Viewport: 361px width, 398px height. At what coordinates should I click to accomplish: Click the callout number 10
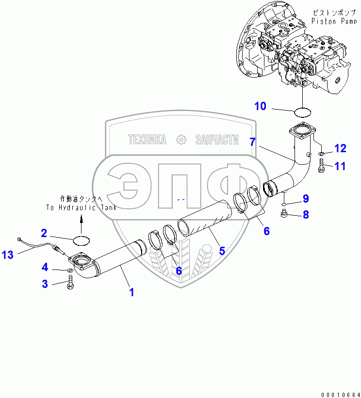tap(260, 106)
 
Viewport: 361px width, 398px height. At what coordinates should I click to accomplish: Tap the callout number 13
tap(7, 255)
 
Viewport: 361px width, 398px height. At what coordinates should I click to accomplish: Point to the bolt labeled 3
tap(70, 282)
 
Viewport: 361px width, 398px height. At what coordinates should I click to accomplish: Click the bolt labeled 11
tap(321, 166)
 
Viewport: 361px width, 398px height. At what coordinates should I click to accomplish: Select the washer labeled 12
tap(321, 153)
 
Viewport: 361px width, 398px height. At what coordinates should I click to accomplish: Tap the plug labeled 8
tap(284, 213)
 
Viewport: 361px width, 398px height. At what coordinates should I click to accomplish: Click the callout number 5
tap(222, 251)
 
